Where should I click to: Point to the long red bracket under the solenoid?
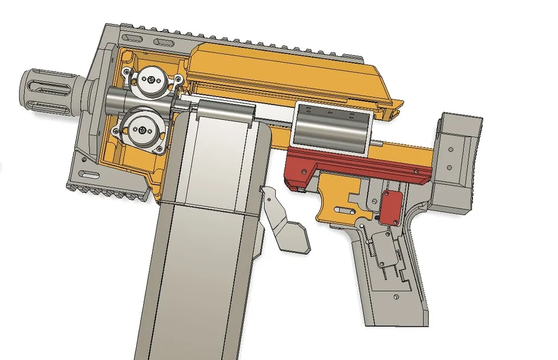pos(360,163)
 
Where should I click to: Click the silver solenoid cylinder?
pos(332,128)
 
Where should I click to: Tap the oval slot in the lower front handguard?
pos(87,174)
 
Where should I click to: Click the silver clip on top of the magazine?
pos(223,111)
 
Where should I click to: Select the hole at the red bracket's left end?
pos(298,187)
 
